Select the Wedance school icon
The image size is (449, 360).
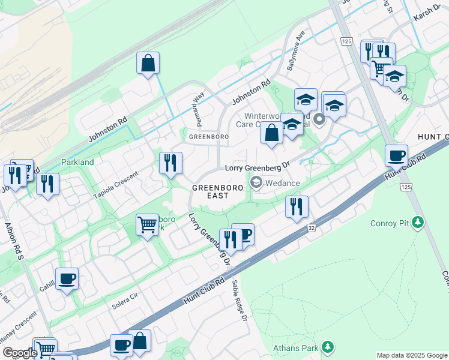pos(256,182)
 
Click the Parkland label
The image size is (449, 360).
pos(77,163)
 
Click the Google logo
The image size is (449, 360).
pos(19,353)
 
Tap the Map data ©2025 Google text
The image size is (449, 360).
pos(411,355)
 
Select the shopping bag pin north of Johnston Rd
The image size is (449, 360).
pos(148,63)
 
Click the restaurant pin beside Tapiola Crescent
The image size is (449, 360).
pos(170,163)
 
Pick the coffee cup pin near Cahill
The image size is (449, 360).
pos(67,278)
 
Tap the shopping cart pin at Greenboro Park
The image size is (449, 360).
pos(147,225)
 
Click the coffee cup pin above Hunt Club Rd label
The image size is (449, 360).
pos(396,155)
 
